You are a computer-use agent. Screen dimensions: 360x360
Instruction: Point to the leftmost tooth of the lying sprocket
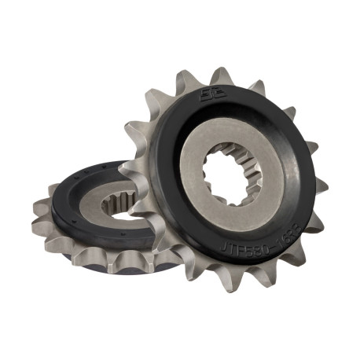coord(39,209)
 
